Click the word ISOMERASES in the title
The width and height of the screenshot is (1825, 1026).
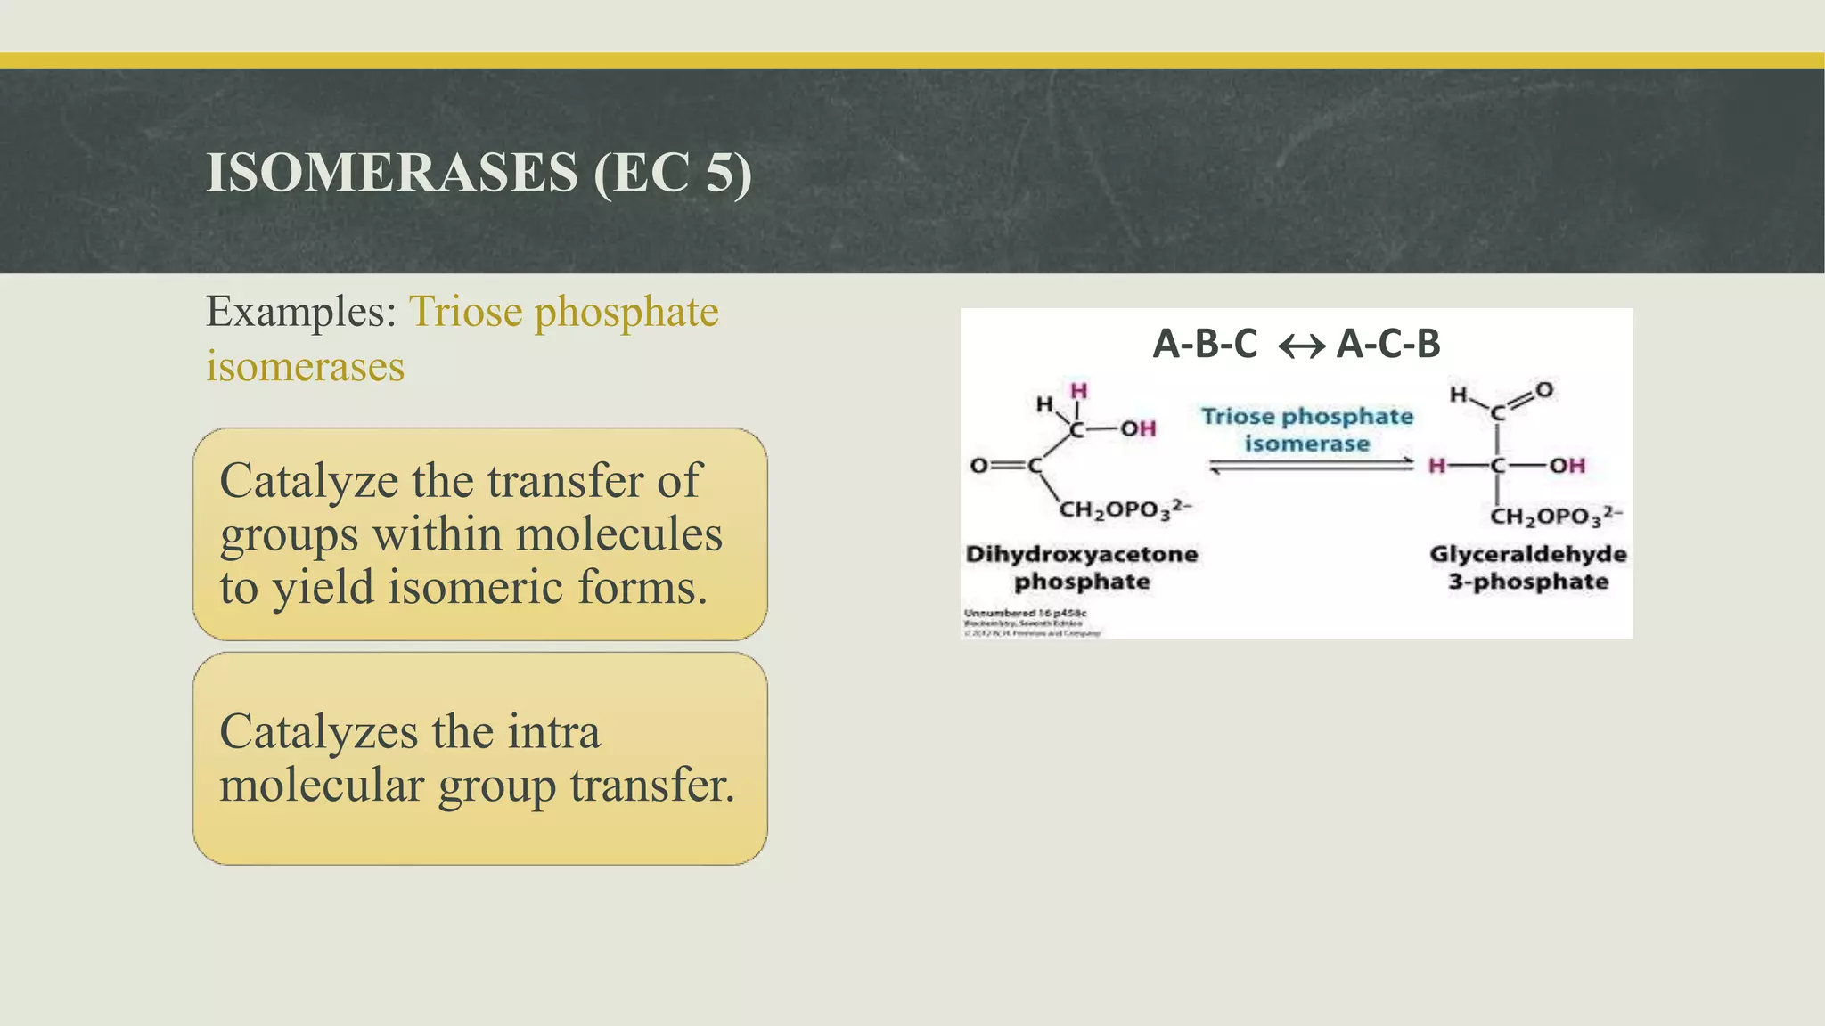[392, 173]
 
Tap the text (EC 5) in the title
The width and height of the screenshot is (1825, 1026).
[673, 173]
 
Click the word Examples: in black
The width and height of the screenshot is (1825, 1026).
[301, 313]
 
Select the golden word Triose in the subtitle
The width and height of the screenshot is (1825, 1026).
[465, 313]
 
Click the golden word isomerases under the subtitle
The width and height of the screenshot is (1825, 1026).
[305, 367]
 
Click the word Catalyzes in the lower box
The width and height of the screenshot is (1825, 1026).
[318, 732]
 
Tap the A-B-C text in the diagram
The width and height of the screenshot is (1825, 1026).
[1205, 344]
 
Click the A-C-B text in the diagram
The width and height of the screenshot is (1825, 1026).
[1388, 344]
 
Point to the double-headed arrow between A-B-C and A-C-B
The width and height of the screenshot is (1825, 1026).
[1301, 346]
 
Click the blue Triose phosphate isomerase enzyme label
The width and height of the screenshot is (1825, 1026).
[1306, 429]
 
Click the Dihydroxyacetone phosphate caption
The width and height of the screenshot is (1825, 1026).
[1082, 567]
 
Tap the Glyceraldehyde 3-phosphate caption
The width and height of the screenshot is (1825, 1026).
[1527, 567]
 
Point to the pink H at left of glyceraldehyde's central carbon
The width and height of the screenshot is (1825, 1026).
[1436, 466]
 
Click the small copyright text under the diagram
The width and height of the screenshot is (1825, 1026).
[1032, 623]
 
